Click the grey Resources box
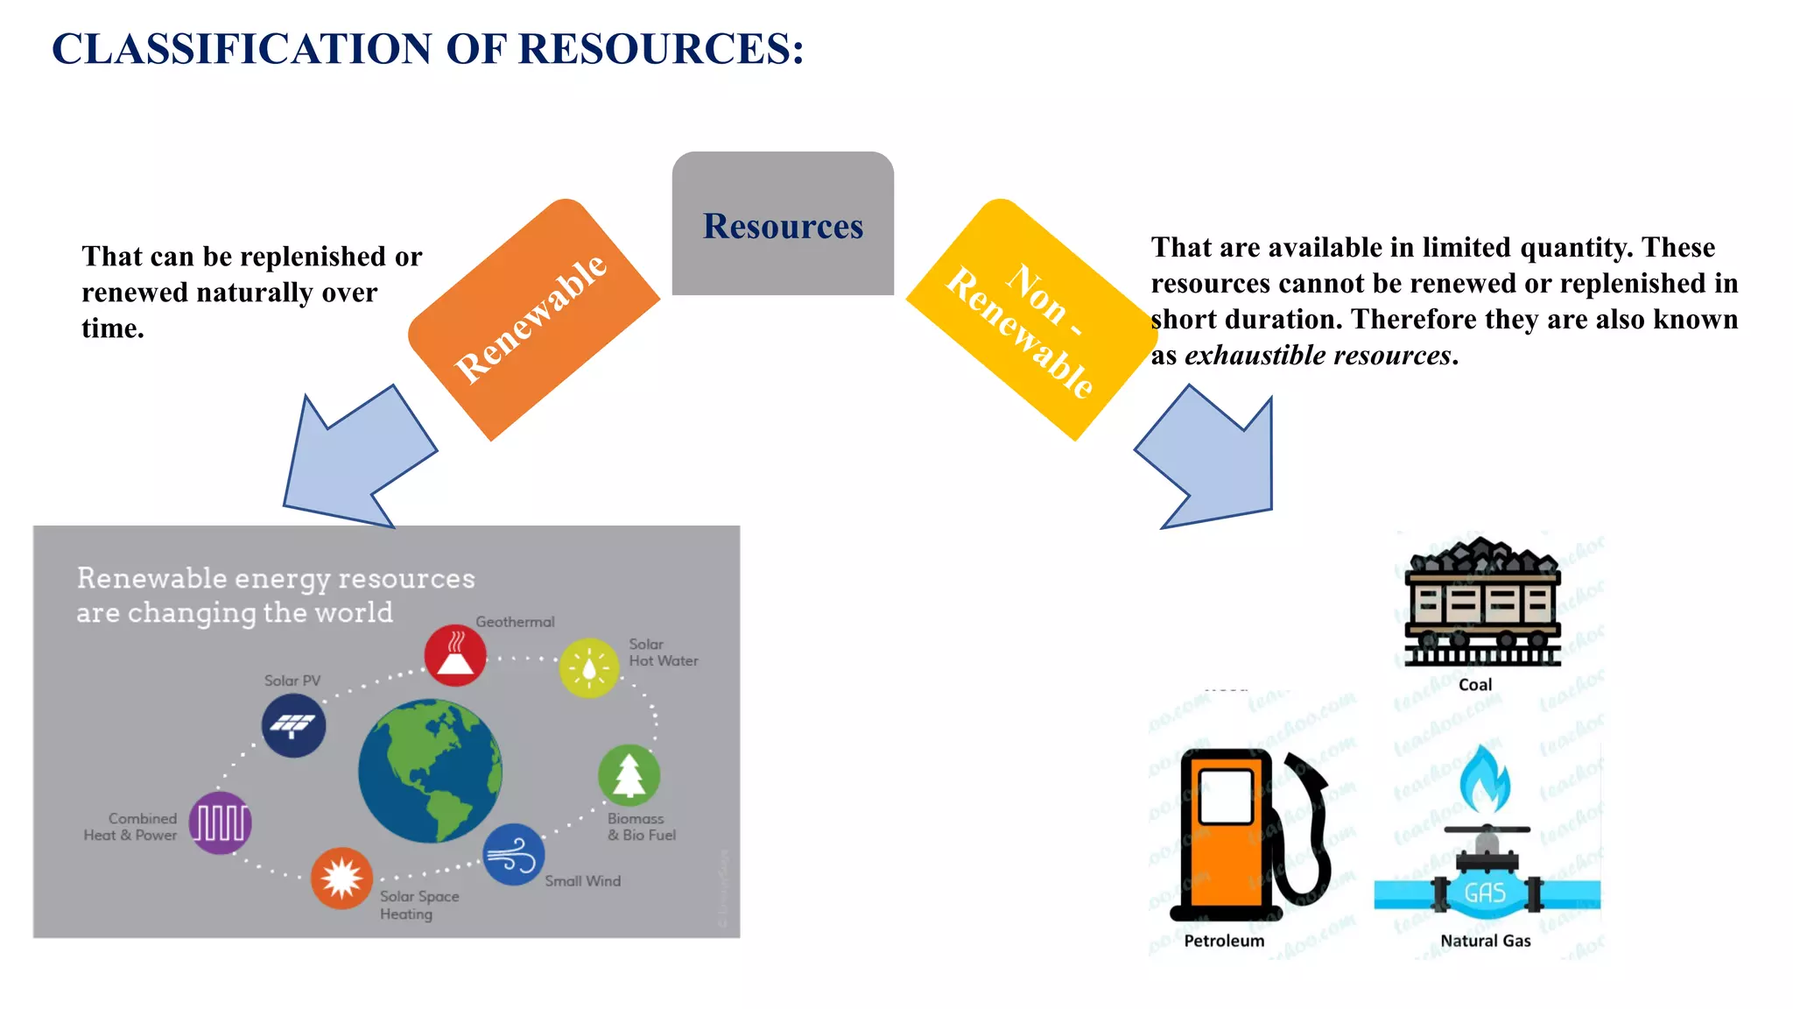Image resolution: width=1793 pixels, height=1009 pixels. pos(783,224)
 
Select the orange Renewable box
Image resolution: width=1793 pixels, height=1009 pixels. pos(533,319)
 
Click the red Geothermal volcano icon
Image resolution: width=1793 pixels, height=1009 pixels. pos(455,655)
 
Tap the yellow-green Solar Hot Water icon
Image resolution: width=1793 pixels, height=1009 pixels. pos(589,667)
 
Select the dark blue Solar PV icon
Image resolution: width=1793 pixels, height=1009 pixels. pos(294,725)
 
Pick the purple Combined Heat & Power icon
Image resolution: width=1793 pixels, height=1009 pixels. pos(221,822)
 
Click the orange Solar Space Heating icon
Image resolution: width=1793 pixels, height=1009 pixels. pos(341,878)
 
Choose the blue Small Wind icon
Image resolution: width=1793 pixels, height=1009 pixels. pos(514,854)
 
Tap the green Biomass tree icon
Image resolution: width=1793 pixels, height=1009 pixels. pos(629,775)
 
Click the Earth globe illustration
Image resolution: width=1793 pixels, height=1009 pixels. pos(430,771)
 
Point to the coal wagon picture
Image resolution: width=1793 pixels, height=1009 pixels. pos(1482,604)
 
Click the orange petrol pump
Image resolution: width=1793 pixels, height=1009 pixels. pos(1226,832)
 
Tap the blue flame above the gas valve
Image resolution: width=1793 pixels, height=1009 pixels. pos(1486,779)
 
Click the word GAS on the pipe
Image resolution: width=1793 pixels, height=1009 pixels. pos(1486,893)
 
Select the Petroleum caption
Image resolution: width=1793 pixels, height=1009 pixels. pos(1224,941)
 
